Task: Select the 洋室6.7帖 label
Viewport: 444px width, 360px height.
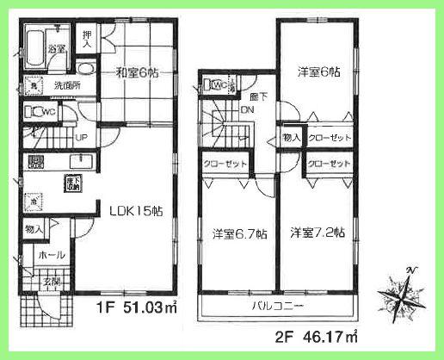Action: (239, 233)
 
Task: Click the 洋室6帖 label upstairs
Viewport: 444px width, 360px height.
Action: (319, 73)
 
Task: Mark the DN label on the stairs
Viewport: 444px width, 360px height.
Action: (247, 110)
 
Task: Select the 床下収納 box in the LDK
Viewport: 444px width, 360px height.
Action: (70, 182)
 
